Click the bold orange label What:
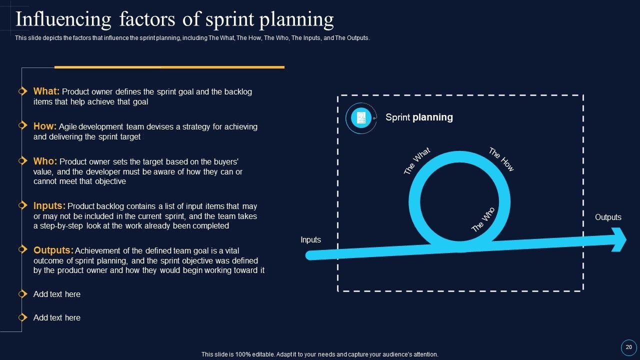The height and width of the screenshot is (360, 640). click(x=46, y=91)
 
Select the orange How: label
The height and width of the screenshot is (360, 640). click(x=45, y=126)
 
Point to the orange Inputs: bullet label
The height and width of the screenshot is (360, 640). click(x=49, y=205)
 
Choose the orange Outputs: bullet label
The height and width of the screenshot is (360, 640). click(x=53, y=250)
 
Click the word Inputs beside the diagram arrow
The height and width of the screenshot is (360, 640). click(x=310, y=240)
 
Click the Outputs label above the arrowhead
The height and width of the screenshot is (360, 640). click(x=608, y=217)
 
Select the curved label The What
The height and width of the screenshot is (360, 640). click(x=416, y=161)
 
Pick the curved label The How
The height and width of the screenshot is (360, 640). click(x=501, y=159)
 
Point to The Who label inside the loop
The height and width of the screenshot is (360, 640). click(x=483, y=219)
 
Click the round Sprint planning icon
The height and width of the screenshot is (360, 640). click(x=361, y=118)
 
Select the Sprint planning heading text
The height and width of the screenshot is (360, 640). click(x=419, y=117)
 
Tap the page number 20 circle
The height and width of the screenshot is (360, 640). click(x=628, y=347)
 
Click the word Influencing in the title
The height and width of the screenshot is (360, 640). click(x=63, y=20)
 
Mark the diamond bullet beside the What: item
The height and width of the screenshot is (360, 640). click(x=22, y=91)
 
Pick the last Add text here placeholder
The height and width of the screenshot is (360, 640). click(x=56, y=318)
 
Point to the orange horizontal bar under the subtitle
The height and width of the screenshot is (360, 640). click(x=169, y=67)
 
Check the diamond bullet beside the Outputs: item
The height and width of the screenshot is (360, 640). click(x=22, y=249)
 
